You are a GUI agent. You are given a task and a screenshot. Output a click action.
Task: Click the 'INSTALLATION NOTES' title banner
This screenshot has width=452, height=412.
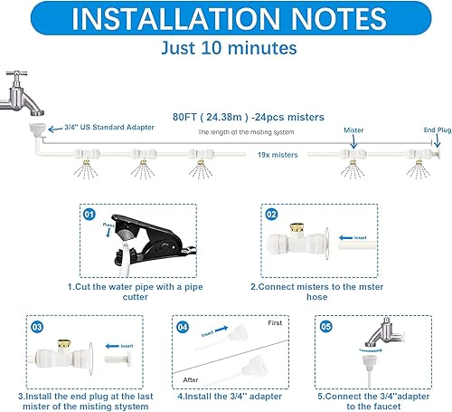click(226, 22)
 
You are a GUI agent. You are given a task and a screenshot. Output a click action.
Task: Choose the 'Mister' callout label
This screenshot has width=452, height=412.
click(353, 129)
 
